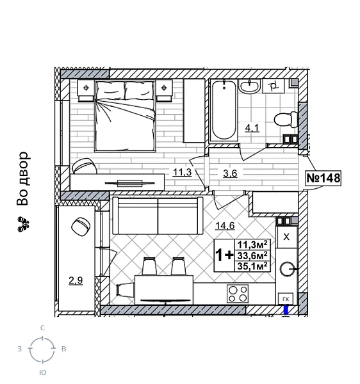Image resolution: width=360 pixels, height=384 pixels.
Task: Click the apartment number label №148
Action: pos(323,178)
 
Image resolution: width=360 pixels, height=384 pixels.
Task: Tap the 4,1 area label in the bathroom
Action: pos(252,127)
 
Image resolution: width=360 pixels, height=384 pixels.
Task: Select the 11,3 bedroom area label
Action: pos(182,172)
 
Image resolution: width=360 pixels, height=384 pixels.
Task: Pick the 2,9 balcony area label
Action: pos(76,280)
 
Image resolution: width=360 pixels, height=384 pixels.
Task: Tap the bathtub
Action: pos(224,113)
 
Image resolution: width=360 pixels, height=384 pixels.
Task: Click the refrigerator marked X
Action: pos(286,237)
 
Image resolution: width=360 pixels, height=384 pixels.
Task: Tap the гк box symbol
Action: pos(286,298)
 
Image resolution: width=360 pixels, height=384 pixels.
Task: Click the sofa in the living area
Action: pos(156,216)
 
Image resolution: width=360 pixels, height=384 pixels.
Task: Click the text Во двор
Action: pos(23,179)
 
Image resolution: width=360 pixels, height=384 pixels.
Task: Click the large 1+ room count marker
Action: pos(224,255)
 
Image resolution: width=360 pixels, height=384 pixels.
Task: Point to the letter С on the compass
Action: pos(42,328)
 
